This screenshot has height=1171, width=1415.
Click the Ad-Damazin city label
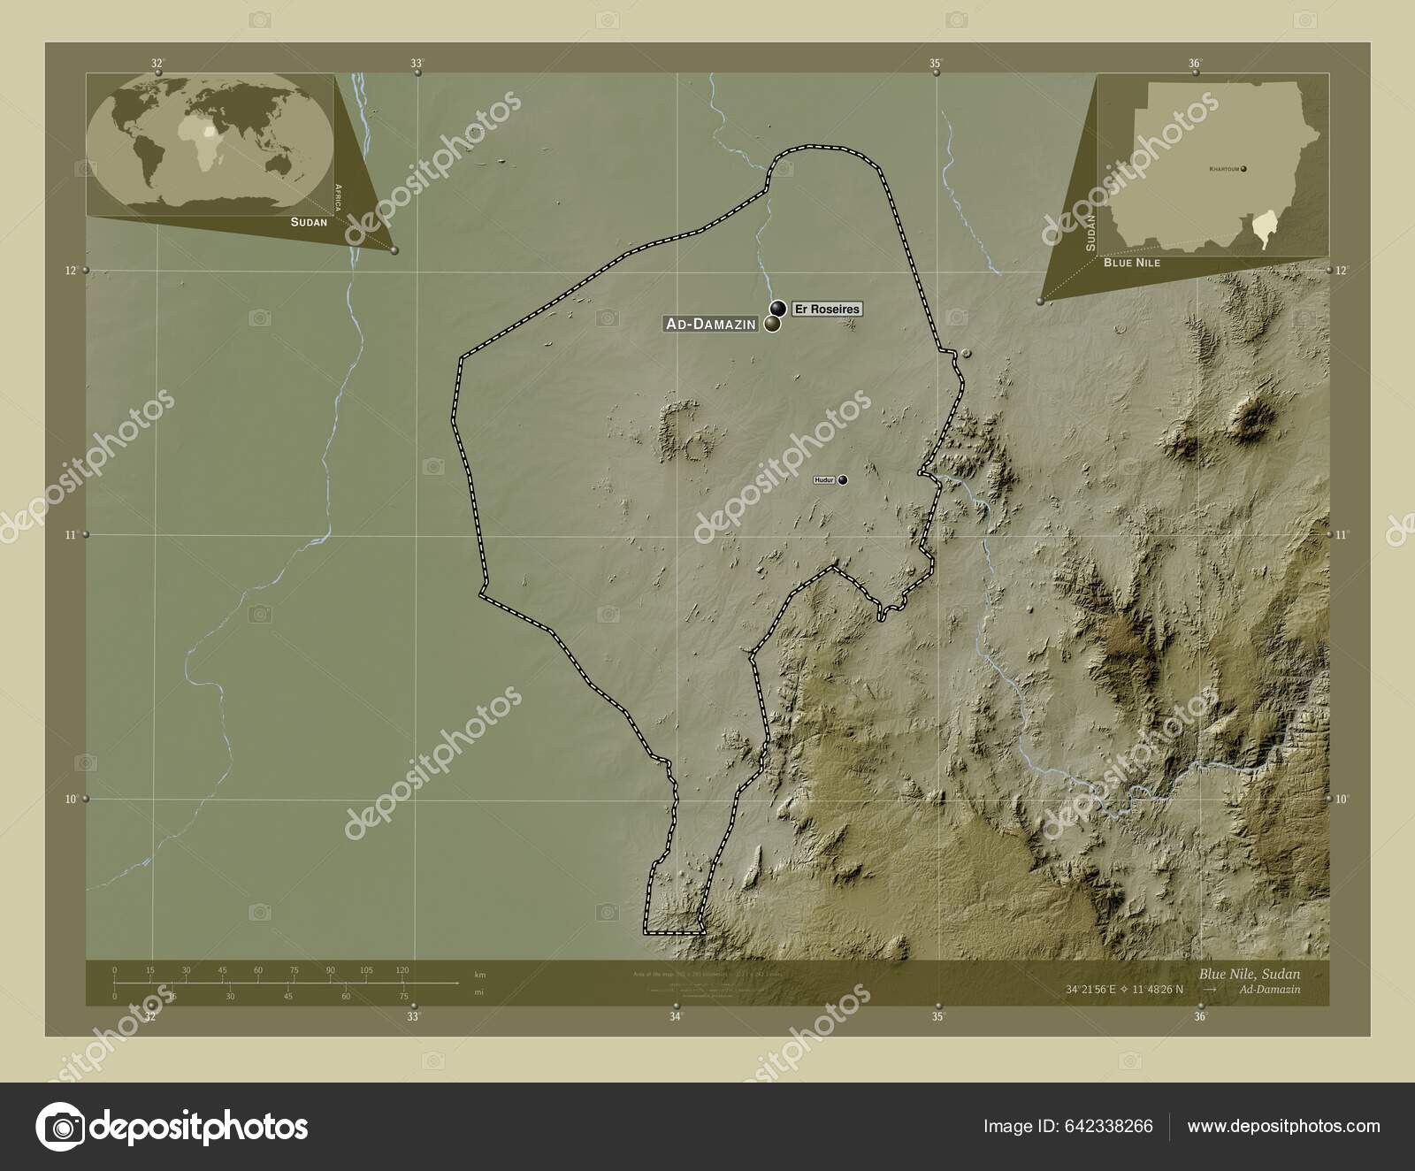pyautogui.click(x=710, y=325)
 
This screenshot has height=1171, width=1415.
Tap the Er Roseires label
pyautogui.click(x=826, y=309)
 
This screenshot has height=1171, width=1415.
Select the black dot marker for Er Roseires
pyautogui.click(x=778, y=308)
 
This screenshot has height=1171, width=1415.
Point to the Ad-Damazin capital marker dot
pyautogui.click(x=772, y=325)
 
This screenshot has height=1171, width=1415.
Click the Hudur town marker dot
pyautogui.click(x=843, y=480)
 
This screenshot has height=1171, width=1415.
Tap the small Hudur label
pyautogui.click(x=824, y=480)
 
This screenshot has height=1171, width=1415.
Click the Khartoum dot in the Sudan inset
pyautogui.click(x=1244, y=168)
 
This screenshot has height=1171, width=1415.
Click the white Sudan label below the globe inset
pyautogui.click(x=309, y=222)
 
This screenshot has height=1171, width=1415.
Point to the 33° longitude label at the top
pyautogui.click(x=417, y=63)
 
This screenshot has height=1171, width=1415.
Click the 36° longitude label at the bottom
pyautogui.click(x=1200, y=1017)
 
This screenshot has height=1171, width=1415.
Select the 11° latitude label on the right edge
pyautogui.click(x=1342, y=535)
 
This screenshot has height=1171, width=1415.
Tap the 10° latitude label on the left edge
pyautogui.click(x=71, y=799)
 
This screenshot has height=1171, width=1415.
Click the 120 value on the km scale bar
pyautogui.click(x=402, y=970)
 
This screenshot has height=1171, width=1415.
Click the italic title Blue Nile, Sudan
pyautogui.click(x=1250, y=973)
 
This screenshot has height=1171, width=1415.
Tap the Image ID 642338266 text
pyautogui.click(x=1067, y=1126)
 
